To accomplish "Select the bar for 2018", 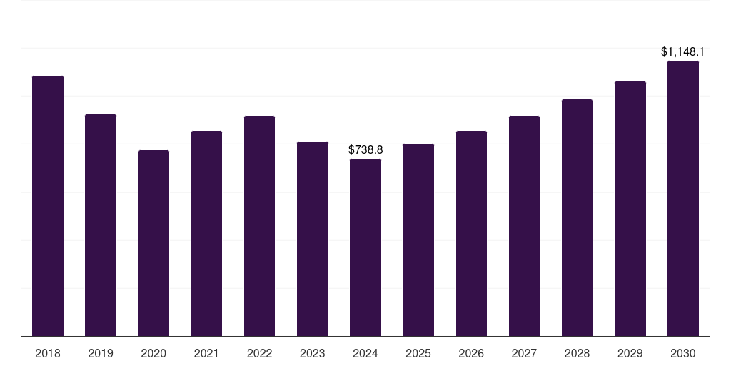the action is tap(48, 206).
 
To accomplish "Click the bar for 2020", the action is tap(154, 243).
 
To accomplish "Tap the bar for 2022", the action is tap(260, 226).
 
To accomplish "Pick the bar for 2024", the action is tap(365, 247).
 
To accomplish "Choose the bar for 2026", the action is tap(471, 234).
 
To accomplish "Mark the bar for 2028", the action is tap(577, 217).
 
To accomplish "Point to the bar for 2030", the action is tap(683, 199).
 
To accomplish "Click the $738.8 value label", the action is tap(365, 150).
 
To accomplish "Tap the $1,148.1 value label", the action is tap(682, 51).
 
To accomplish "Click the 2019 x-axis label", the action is tap(101, 354).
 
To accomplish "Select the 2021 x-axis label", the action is tap(206, 354).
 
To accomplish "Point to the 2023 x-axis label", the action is tap(313, 354).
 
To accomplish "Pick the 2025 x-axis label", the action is tap(418, 354).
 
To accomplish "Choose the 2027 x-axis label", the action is tap(524, 354).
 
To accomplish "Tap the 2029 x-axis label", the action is tap(630, 354).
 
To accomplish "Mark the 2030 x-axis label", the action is tap(683, 354).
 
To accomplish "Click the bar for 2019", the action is tap(101, 225).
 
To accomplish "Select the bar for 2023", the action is tap(313, 239).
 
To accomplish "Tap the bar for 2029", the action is tap(630, 209).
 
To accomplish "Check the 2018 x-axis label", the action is tap(48, 354).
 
